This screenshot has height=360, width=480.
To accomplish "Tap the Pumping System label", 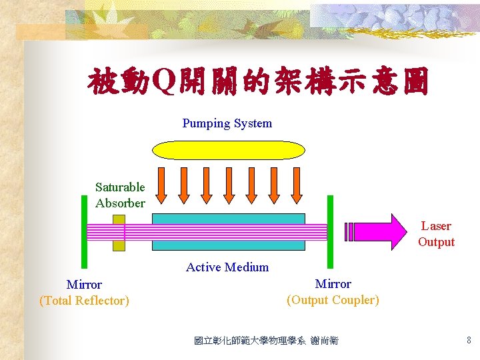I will pos(227,123).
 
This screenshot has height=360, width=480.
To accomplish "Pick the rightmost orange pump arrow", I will pos(295,183).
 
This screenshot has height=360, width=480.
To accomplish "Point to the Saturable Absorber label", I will pos(120,195).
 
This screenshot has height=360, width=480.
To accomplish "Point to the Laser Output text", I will pos(436,234).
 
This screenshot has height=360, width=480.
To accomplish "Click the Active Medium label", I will pos(227,267).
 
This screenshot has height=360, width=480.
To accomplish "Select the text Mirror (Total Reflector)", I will pos(84,293).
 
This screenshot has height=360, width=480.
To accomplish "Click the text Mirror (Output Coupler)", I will pos(333,292).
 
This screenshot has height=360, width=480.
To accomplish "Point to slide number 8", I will pos(469,341).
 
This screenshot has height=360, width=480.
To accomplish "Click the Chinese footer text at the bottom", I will pos(266,341).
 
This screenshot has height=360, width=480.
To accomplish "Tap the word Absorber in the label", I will pos(120,203).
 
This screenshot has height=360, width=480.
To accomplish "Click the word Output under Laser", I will pos(436,242).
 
